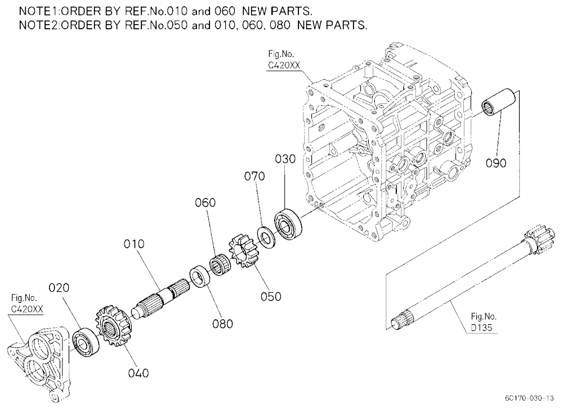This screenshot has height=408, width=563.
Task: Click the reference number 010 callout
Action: pos(134,244)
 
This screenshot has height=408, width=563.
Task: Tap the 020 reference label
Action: pos(59,288)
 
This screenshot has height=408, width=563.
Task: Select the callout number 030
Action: pos(285,159)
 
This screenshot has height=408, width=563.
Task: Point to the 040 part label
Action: pos(138,373)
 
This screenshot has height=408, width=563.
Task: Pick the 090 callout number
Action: pos(496,163)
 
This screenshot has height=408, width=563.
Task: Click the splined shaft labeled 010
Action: pos(159,298)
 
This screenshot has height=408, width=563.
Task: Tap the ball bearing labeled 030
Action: pos(288,224)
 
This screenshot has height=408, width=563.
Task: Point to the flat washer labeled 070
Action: pos(266,236)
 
